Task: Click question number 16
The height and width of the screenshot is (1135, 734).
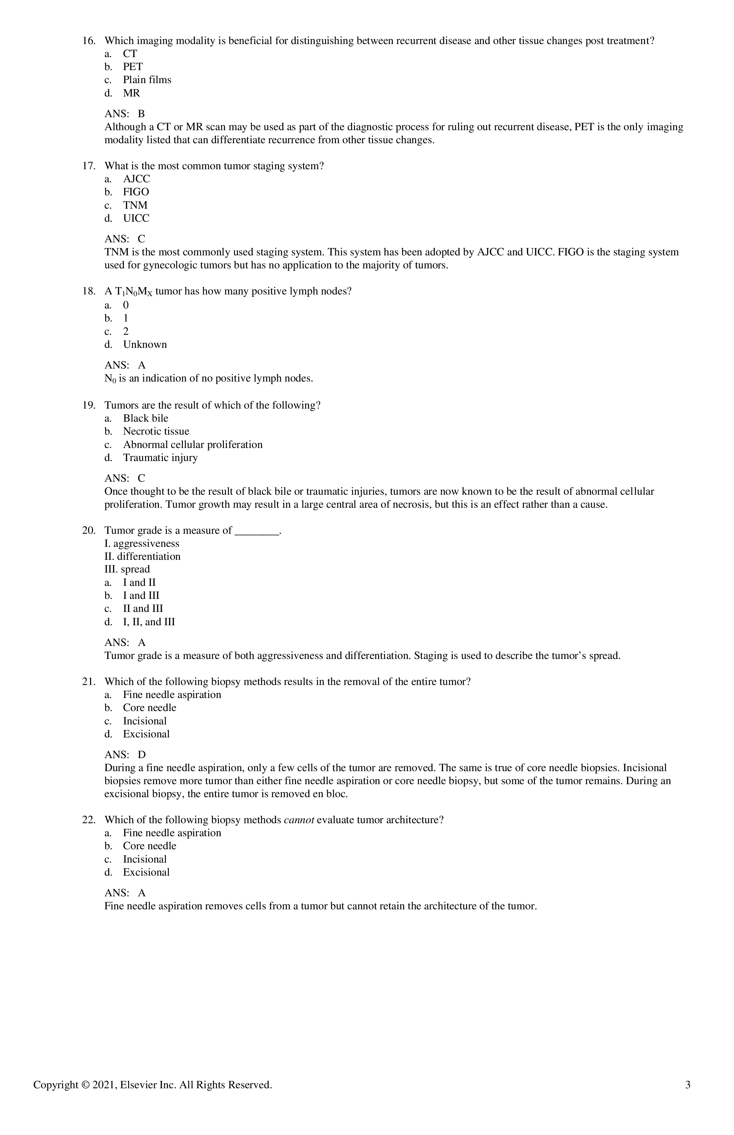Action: (89, 41)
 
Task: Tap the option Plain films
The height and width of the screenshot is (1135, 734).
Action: (147, 80)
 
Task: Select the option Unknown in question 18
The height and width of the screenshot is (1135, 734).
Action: (145, 345)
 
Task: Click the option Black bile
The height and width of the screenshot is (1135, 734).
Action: (145, 418)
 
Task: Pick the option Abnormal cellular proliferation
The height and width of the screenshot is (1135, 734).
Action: (193, 445)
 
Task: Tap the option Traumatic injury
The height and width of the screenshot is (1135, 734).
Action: (160, 458)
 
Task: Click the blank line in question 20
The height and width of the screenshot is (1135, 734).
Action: (257, 531)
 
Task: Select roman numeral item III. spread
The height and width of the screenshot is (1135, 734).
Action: (127, 570)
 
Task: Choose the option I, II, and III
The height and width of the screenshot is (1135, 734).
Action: (149, 622)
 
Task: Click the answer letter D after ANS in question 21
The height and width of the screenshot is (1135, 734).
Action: (141, 755)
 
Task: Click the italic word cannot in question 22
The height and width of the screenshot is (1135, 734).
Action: (299, 820)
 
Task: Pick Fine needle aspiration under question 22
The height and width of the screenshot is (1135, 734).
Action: (171, 833)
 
